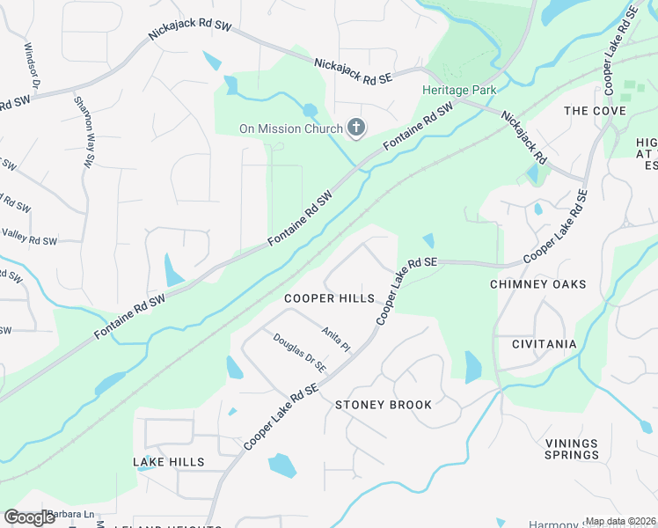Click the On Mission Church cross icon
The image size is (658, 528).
click(x=356, y=129)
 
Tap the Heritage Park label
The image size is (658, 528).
click(x=459, y=90)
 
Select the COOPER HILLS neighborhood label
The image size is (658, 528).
click(x=329, y=298)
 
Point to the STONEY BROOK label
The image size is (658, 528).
click(x=384, y=405)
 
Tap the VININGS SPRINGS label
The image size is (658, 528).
click(x=571, y=449)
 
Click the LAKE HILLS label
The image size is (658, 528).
click(x=169, y=462)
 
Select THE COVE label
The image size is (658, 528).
click(x=595, y=111)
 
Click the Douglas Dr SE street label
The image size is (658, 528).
click(x=299, y=352)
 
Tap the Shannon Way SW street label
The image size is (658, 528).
click(x=84, y=126)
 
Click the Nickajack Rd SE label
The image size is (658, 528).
click(x=354, y=71)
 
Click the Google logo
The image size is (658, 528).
click(x=30, y=517)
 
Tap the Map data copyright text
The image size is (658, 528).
click(x=620, y=521)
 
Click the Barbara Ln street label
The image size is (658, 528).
click(x=70, y=514)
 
